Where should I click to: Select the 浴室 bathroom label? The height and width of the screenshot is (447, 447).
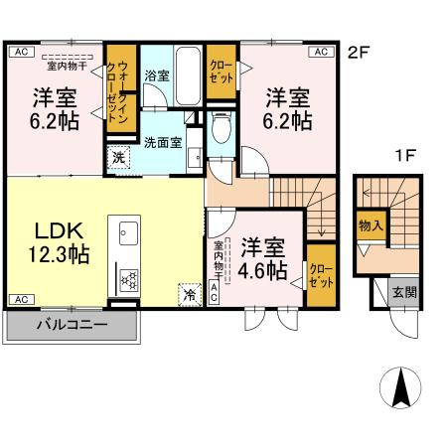[x=156, y=75]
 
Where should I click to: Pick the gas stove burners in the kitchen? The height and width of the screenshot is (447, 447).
[x=127, y=279]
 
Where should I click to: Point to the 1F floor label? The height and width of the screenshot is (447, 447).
[x=403, y=155]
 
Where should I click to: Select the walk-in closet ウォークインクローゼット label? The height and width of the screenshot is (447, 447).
[x=120, y=90]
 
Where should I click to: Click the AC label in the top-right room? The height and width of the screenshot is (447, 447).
[x=321, y=51]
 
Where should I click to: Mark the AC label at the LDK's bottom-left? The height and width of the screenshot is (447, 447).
[x=21, y=298]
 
